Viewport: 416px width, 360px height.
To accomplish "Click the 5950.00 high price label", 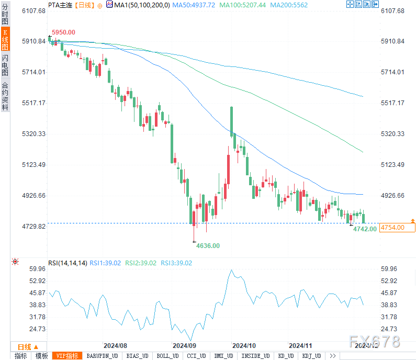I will [x=63, y=32].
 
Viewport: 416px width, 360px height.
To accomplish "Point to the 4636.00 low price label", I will [x=208, y=245].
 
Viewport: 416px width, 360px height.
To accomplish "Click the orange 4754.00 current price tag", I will [x=398, y=227].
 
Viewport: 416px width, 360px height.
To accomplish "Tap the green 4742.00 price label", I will [x=365, y=229].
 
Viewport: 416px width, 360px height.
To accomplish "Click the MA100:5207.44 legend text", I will [x=243, y=5].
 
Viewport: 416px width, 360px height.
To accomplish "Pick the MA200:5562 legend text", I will [x=289, y=5].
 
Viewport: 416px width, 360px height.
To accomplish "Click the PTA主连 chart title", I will [x=60, y=5].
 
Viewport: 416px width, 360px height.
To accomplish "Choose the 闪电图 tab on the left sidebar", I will [x=5, y=65].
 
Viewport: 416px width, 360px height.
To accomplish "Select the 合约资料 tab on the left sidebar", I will [x=5, y=95].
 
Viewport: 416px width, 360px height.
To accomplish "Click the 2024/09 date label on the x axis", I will [x=184, y=346].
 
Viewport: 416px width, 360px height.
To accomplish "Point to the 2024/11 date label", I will [x=300, y=346].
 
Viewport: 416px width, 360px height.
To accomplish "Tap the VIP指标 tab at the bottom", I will [x=68, y=356].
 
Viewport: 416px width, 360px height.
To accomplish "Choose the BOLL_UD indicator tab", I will [x=167, y=356].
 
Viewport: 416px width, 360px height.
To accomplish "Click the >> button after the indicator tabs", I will [x=332, y=356].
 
